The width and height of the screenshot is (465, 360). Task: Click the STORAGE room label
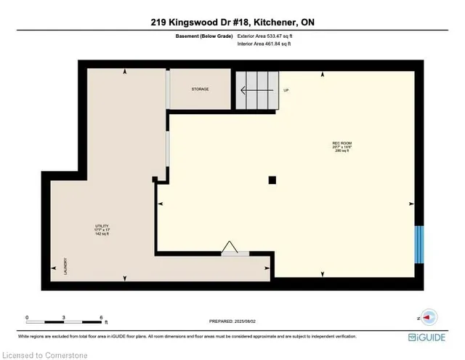[201, 89]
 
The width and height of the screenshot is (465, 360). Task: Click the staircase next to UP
[255, 91]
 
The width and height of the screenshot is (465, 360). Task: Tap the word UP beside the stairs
[286, 90]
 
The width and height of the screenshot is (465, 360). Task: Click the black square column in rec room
[272, 180]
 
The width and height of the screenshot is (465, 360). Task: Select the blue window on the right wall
[418, 245]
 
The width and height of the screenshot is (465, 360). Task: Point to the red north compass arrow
[428, 317]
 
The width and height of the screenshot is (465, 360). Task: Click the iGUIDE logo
[436, 336]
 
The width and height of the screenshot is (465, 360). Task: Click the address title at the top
[232, 22]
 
